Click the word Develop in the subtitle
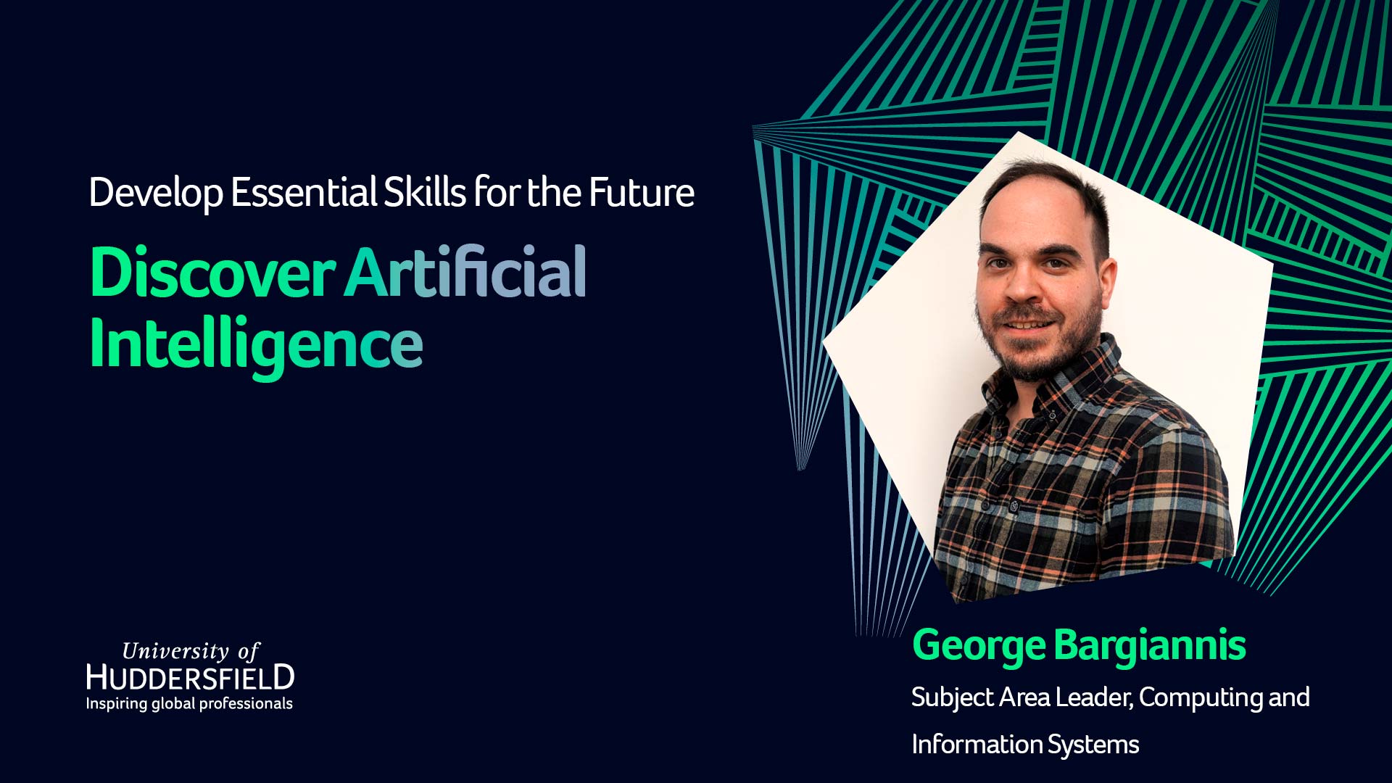coord(156,194)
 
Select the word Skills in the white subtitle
coord(424,192)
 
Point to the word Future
coord(642,192)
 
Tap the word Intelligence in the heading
coord(256,345)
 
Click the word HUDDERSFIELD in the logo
coord(190,677)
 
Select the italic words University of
coord(191,651)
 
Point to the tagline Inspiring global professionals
coord(189,703)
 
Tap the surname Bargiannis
coord(1150,645)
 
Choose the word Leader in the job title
coord(1093,697)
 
